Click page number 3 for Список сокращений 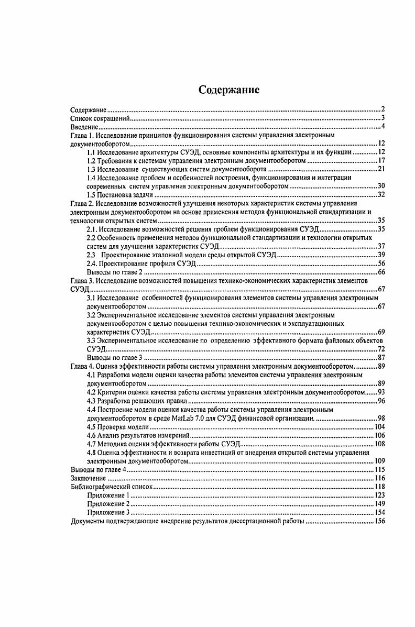point(383,118)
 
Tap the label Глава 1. point(82,135)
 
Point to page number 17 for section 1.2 point(381,161)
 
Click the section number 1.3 point(91,169)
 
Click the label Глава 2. point(82,203)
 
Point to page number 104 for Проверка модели point(380,426)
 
